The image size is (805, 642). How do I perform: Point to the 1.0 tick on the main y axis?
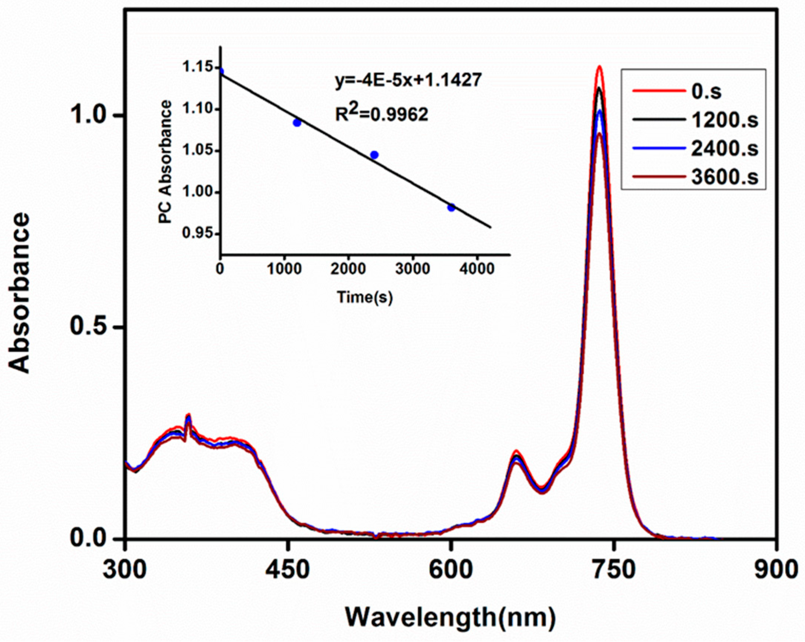(x=92, y=115)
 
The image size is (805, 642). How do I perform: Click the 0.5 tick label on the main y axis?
(x=92, y=327)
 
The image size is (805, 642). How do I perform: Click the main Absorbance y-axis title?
(x=19, y=293)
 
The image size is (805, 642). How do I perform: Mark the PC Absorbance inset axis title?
(x=165, y=162)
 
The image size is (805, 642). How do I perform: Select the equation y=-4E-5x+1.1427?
(x=408, y=80)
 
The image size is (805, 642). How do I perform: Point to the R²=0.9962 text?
(x=381, y=114)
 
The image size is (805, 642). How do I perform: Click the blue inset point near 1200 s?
(x=297, y=122)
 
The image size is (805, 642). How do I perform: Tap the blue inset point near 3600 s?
(x=451, y=208)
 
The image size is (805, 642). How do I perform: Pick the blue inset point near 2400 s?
(x=374, y=155)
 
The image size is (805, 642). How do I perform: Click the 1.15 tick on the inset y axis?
(x=195, y=68)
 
